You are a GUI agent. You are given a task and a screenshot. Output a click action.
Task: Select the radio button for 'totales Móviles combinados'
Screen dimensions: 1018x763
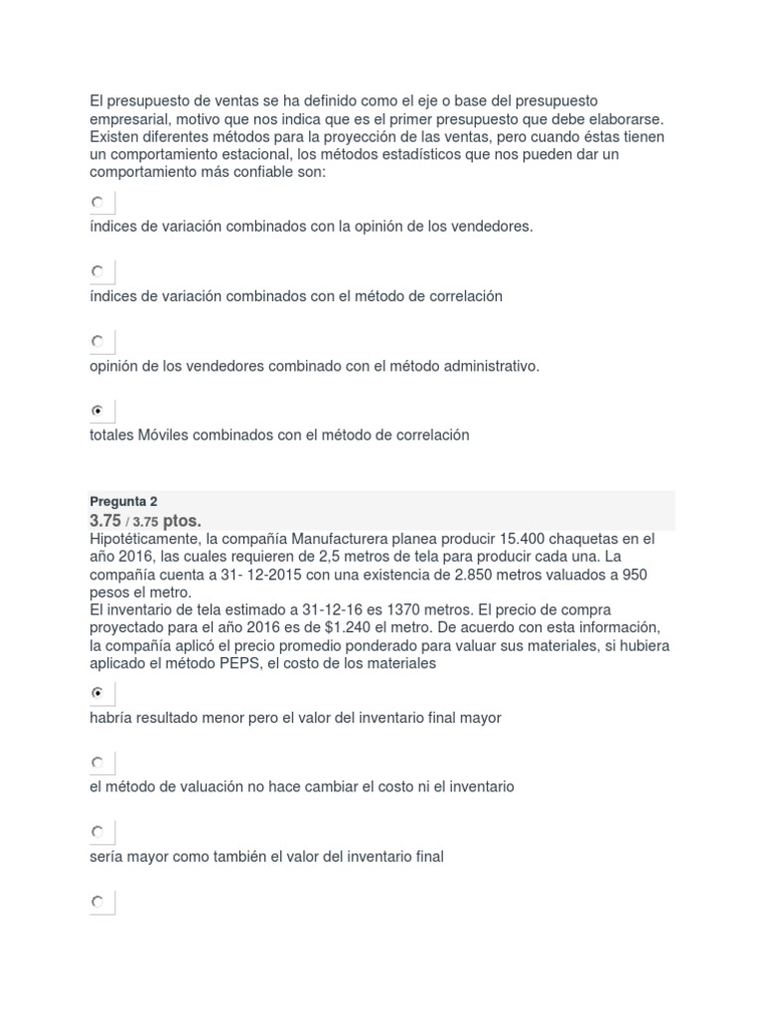(x=97, y=411)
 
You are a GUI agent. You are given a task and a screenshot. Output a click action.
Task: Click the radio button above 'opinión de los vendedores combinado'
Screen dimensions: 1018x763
(x=97, y=341)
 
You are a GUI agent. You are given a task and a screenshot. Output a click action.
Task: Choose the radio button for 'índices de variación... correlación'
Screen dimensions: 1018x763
(x=97, y=271)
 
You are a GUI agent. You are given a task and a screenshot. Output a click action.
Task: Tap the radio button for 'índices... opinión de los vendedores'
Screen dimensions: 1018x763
(x=97, y=202)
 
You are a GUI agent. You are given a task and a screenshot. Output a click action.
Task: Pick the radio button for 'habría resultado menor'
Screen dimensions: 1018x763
(x=97, y=692)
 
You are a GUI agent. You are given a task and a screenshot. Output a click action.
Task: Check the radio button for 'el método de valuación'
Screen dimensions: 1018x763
(x=97, y=763)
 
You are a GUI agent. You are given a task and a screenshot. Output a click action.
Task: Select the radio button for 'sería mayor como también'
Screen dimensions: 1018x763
(x=97, y=831)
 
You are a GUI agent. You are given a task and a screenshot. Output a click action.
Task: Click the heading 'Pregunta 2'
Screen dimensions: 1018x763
(x=123, y=501)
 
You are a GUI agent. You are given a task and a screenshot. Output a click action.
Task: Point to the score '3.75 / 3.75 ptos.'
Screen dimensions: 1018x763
(x=145, y=521)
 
